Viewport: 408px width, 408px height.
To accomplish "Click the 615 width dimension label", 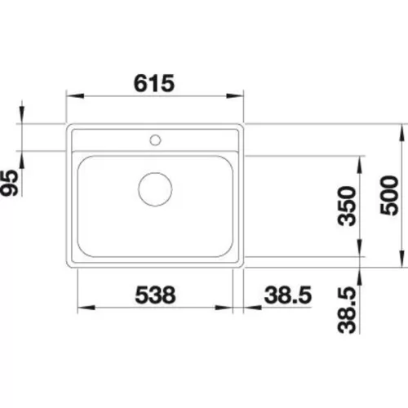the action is pyautogui.click(x=154, y=83).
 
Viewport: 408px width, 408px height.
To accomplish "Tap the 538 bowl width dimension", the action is pyautogui.click(x=155, y=295).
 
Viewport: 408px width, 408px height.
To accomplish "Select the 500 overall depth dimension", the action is pyautogui.click(x=389, y=195).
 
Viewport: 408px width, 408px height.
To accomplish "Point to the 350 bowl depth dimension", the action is pyautogui.click(x=347, y=206).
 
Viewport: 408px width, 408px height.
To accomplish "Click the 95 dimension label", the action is pyautogui.click(x=9, y=183).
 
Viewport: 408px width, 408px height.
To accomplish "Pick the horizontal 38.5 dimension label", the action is pyautogui.click(x=288, y=295).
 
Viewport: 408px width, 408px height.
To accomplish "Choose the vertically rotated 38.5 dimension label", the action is pyautogui.click(x=347, y=310).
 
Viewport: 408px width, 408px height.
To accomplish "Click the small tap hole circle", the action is pyautogui.click(x=155, y=140).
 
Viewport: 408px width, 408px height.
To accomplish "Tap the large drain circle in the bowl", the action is pyautogui.click(x=155, y=189).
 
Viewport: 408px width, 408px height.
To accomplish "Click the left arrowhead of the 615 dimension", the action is pyautogui.click(x=75, y=95).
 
